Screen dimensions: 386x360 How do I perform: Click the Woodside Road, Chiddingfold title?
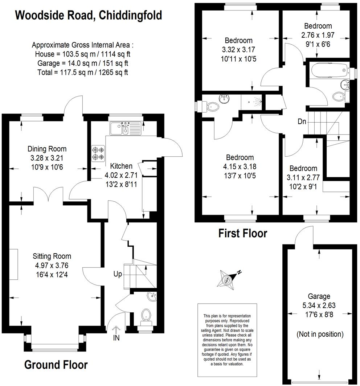pos(88,16)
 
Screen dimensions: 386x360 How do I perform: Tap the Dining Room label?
pos(47,149)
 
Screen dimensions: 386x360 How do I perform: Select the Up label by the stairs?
pos(118,274)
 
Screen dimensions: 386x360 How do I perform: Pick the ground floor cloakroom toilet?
pos(146,314)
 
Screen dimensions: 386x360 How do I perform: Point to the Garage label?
pos(319,296)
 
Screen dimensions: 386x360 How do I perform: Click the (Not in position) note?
pos(320,334)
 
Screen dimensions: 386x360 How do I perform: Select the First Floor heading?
pos(242,233)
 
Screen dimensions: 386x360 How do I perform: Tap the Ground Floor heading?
pos(56,364)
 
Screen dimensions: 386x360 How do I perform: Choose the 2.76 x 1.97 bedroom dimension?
pos(318,35)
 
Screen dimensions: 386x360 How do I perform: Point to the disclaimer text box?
pos(224,340)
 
